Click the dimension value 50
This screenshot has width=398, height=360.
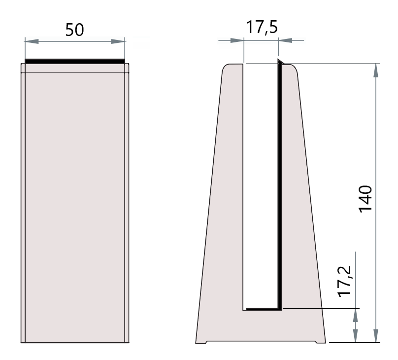74,31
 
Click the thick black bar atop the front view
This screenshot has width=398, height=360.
75,61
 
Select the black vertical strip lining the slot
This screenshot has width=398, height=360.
279,187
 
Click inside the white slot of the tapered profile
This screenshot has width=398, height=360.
261,187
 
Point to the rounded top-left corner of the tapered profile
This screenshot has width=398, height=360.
224,68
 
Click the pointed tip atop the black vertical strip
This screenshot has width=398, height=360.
279,61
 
